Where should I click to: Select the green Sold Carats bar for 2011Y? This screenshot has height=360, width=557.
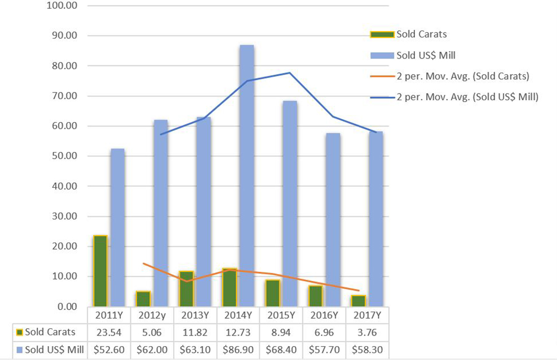click(100, 271)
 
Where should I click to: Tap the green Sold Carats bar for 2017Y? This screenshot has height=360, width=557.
click(358, 300)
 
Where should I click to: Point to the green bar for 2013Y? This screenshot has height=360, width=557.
click(187, 289)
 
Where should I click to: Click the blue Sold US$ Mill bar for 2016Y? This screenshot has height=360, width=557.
click(333, 220)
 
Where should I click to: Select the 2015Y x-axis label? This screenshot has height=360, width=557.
click(281, 315)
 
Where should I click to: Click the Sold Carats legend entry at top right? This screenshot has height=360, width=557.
click(421, 34)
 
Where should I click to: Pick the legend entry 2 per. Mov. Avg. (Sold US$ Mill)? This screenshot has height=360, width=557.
click(467, 97)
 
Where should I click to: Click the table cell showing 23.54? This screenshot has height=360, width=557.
click(109, 333)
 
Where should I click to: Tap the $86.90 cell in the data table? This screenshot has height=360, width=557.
click(238, 350)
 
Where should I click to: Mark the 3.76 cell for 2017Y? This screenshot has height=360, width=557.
click(367, 333)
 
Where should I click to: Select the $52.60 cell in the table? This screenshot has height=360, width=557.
click(109, 350)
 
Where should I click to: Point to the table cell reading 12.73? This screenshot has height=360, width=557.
click(238, 333)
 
